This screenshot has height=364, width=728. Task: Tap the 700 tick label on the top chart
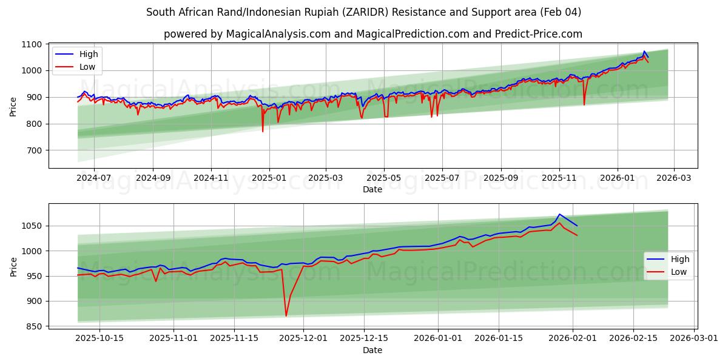[x=35, y=150]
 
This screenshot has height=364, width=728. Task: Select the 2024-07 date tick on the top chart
[x=94, y=178]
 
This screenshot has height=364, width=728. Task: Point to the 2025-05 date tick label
[x=383, y=178]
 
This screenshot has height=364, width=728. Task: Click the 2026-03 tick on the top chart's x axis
[x=675, y=178]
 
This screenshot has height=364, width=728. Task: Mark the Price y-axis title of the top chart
[x=13, y=106]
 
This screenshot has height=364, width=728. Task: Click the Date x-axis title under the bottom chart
[x=372, y=350]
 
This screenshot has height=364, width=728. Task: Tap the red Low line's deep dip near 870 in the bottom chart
[x=286, y=315]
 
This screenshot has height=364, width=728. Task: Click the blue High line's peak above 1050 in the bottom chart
[x=559, y=215]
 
